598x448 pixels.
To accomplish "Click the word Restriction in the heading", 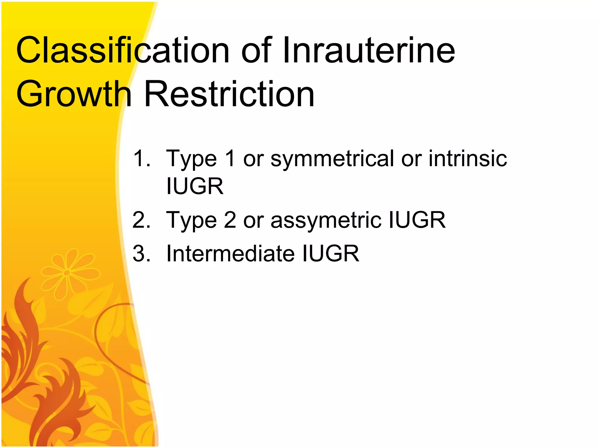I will [229, 94].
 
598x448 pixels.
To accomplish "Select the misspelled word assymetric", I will [326, 220].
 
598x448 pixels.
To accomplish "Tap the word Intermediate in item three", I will [230, 253].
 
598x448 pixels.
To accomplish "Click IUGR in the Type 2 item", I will [417, 220].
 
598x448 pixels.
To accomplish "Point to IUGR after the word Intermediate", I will [331, 253].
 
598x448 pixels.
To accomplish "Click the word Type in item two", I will [191, 220].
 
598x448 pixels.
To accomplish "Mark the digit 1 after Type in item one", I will [230, 158].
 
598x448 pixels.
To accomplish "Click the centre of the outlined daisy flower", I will [67, 273].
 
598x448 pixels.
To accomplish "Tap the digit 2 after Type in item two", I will [230, 220].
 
